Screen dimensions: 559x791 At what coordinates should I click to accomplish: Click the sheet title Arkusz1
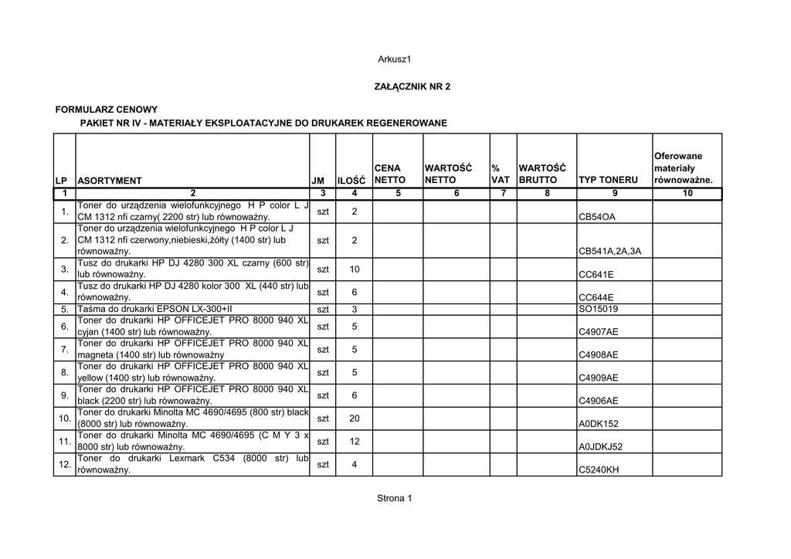395,59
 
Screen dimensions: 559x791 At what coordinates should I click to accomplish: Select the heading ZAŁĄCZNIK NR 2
412,86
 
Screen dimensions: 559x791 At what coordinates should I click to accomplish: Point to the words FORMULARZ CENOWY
107,110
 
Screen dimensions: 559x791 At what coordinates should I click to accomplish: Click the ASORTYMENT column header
110,181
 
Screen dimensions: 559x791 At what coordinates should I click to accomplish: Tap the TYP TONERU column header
609,181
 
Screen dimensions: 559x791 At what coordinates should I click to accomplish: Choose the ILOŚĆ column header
351,181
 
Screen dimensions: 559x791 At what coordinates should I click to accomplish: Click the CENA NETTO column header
390,174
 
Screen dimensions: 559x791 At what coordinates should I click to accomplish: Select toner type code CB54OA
597,218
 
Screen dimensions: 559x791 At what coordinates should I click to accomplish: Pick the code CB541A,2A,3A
610,252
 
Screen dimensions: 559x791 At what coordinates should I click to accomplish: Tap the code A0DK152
599,424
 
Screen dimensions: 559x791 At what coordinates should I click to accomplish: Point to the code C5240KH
599,469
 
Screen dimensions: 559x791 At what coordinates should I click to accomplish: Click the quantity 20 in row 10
355,418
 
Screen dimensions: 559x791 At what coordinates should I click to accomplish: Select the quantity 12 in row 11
355,441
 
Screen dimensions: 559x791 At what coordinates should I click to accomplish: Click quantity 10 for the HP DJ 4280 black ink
355,269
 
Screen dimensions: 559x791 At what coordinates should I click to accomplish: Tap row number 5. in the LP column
65,310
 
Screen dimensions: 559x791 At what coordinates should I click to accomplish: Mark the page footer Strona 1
395,498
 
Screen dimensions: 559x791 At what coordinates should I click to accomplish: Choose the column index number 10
687,194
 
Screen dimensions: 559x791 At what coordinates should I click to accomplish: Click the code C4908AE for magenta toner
599,355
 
